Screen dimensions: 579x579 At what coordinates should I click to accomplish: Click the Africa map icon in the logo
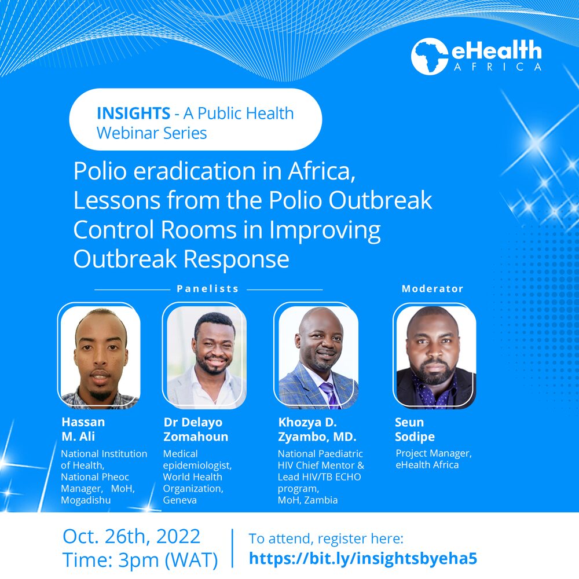point(429,57)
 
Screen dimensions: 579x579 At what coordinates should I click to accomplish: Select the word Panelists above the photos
point(208,288)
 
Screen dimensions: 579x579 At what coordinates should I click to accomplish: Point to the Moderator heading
point(433,288)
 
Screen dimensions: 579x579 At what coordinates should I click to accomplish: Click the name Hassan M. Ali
point(87,429)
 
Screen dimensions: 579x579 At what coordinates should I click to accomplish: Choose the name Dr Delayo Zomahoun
point(196,429)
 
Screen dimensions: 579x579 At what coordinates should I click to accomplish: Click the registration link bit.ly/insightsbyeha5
point(363,558)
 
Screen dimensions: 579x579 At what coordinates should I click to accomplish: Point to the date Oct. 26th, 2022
point(131,536)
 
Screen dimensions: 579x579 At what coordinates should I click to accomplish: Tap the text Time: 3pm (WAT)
point(140,560)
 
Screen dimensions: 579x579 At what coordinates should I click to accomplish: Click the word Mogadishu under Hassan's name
point(87,500)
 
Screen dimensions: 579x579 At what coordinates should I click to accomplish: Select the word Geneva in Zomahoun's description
point(180,500)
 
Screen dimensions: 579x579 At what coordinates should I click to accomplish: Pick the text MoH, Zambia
point(307,500)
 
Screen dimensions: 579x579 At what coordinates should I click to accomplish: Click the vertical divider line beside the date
point(232,548)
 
